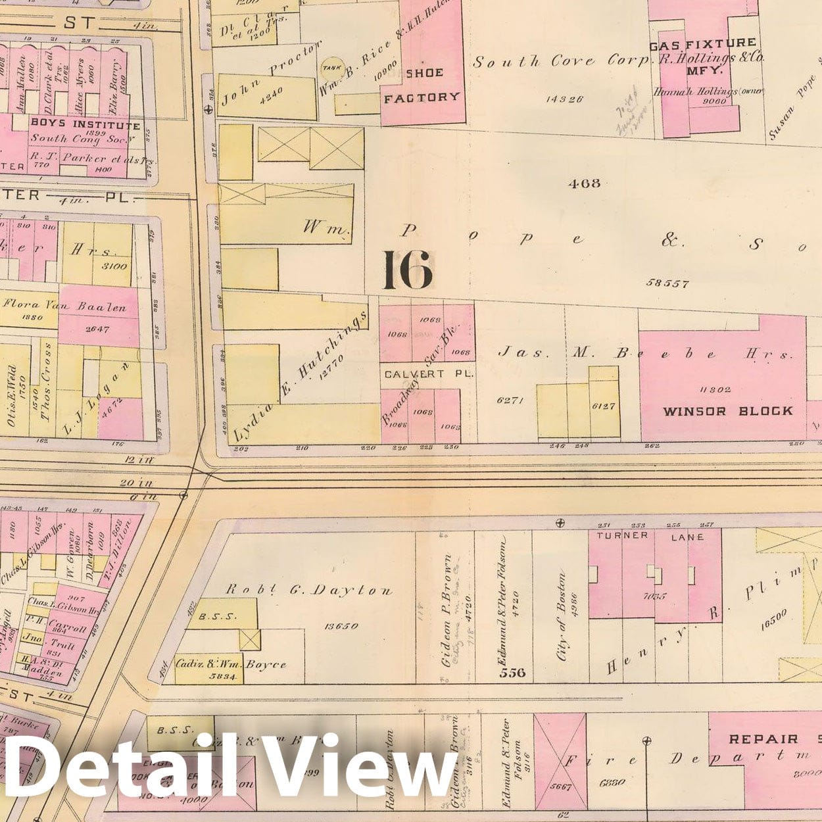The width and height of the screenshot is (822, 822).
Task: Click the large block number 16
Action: (x=408, y=270)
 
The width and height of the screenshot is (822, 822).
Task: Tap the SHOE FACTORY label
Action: (x=422, y=85)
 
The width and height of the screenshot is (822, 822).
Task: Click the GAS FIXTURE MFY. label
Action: (x=702, y=51)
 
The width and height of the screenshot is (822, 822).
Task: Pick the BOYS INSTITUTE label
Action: (x=85, y=124)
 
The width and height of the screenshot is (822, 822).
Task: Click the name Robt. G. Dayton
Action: (x=309, y=590)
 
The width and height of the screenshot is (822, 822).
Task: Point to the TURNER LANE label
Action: (x=650, y=537)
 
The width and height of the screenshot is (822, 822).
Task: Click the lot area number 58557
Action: (x=667, y=283)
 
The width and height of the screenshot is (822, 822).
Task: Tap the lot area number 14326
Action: (x=564, y=99)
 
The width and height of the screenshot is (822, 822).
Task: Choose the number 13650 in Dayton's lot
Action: (x=341, y=625)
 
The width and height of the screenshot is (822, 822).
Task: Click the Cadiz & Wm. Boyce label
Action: (x=231, y=664)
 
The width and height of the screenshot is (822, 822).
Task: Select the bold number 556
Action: (x=512, y=672)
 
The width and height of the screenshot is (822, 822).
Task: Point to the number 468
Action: (x=584, y=183)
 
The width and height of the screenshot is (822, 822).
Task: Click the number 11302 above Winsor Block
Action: (x=715, y=389)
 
